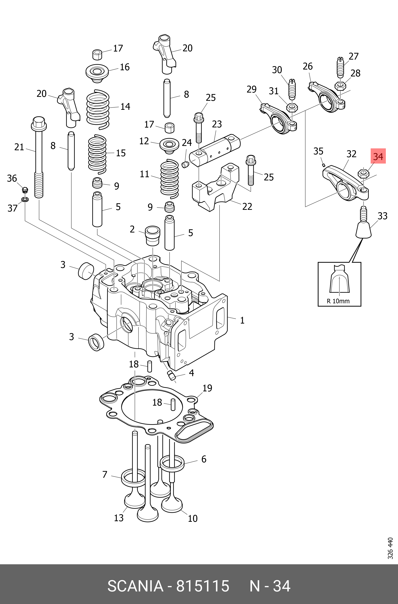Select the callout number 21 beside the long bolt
point(19,147)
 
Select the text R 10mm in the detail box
point(338,301)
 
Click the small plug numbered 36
point(25,189)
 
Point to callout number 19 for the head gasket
point(207,388)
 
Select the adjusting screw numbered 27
point(340,67)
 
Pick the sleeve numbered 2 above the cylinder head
point(153,235)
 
